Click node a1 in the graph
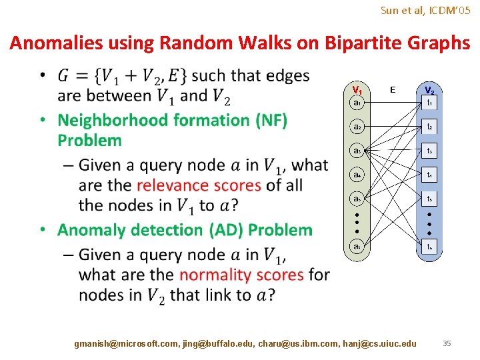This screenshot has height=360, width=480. (x=358, y=103)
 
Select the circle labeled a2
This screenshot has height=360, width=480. (x=358, y=127)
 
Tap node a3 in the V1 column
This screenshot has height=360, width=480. (x=358, y=151)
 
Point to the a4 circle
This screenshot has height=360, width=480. (x=358, y=175)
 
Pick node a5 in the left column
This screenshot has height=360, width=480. (x=358, y=199)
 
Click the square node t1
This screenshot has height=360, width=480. (x=430, y=103)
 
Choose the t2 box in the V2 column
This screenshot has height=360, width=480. (x=430, y=127)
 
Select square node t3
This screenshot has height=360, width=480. (x=430, y=151)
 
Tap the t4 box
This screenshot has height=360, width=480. (x=430, y=175)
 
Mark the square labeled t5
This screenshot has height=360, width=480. (x=430, y=199)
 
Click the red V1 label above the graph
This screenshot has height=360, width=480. (x=357, y=89)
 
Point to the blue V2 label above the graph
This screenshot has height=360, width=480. (x=429, y=89)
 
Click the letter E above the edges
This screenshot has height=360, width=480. (x=393, y=89)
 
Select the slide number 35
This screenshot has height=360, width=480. (x=447, y=343)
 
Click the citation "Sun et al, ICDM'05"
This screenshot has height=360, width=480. (x=425, y=10)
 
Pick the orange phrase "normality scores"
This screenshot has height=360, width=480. (x=241, y=275)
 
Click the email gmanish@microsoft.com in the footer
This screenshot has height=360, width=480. (x=126, y=343)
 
